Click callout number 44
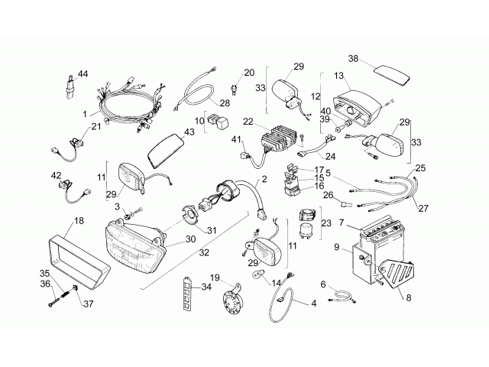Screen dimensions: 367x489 tap(83, 73)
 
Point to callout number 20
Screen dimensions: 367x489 tap(249, 73)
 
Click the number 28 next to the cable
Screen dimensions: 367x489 tap(225, 102)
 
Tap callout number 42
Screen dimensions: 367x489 tap(57, 175)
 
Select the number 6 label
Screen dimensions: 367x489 tap(323, 284)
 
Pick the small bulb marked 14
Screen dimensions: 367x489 tap(257, 275)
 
